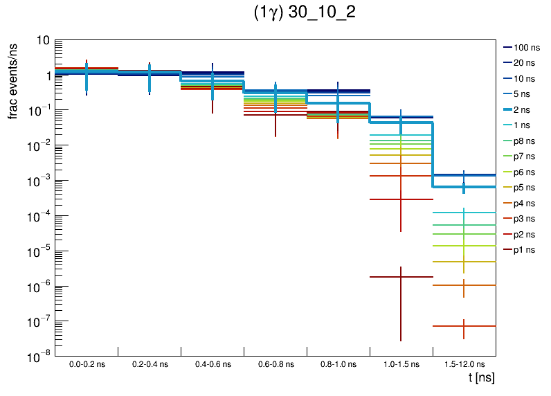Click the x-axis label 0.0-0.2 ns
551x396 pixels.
[x=87, y=364]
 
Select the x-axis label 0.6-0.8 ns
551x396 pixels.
[x=275, y=364]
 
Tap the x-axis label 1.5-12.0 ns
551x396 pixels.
[x=464, y=364]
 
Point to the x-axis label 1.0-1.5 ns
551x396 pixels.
[x=401, y=364]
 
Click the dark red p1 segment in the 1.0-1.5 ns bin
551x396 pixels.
[x=388, y=277]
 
